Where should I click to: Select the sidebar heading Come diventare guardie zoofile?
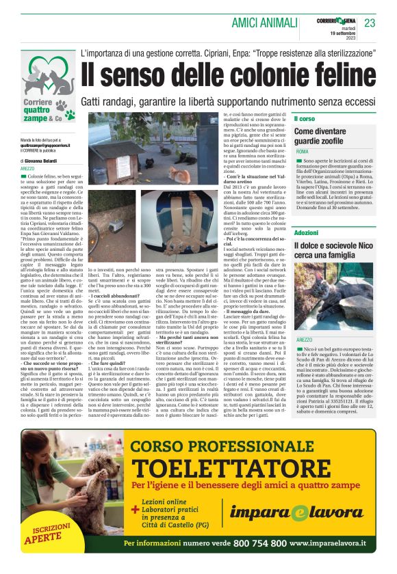click(329, 135)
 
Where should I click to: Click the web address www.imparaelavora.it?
click(328, 543)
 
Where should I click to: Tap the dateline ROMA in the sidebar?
click(302, 151)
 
